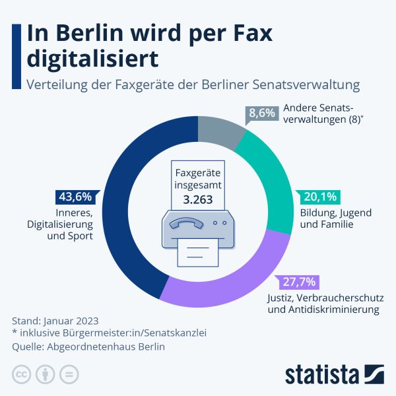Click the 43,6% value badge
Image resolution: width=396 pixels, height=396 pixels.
pos(75,197)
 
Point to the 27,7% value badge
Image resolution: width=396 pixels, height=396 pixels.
pos(299,282)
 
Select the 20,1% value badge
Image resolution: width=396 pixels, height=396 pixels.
pos(321,197)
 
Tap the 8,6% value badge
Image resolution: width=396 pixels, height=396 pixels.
pos(261,114)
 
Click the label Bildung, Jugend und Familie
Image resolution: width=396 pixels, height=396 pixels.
pos(335,218)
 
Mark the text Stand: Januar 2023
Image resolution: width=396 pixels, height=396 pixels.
pos(55,321)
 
